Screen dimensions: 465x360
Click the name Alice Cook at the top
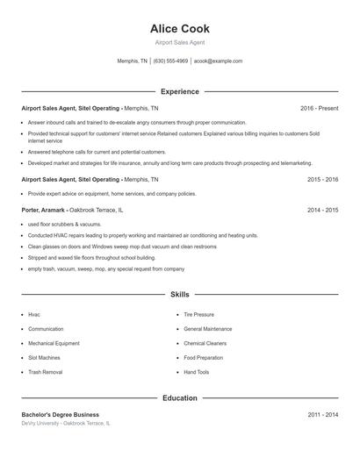(180, 29)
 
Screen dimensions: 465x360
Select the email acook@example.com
(218, 61)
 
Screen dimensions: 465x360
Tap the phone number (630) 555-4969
(170, 61)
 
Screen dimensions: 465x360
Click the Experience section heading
(180, 91)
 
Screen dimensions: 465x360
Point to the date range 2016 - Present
(319, 108)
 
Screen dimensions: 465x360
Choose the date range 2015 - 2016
(322, 179)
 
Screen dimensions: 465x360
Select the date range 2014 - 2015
(322, 211)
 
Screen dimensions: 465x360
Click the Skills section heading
(180, 295)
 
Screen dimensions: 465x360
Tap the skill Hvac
(34, 314)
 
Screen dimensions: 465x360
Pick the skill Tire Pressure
(198, 314)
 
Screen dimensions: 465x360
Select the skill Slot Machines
(45, 358)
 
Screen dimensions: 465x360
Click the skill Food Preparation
(203, 358)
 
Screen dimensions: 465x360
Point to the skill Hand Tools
(197, 372)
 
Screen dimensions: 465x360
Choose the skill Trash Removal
(46, 372)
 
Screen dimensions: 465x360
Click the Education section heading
(180, 397)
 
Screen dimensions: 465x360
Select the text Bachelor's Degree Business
(60, 414)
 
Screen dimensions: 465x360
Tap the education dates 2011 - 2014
(322, 414)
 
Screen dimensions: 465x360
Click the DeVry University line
(66, 423)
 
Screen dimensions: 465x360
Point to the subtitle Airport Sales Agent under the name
(180, 42)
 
